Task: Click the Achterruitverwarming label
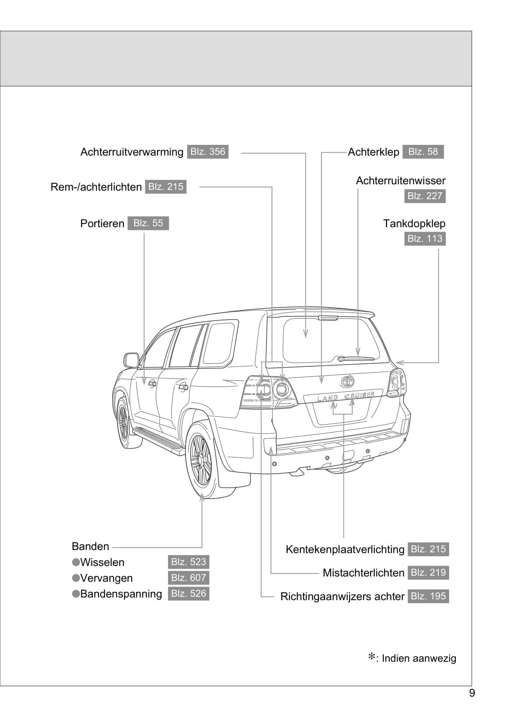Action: [132, 152]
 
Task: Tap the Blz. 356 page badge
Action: [208, 152]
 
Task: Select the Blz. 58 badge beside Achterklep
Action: [423, 152]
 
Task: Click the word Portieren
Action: [102, 224]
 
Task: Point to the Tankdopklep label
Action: [414, 224]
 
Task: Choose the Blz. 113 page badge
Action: [425, 239]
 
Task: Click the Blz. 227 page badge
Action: [425, 196]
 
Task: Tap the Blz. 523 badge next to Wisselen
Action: [189, 562]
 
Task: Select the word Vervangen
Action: [106, 578]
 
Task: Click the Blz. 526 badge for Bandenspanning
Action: [189, 594]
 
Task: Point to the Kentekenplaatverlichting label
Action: [345, 549]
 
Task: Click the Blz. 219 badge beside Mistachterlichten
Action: [428, 573]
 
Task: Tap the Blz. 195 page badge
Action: [428, 596]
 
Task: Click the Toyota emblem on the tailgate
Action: [348, 381]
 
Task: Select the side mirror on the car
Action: [131, 360]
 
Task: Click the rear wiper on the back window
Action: [356, 359]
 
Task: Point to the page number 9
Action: [472, 693]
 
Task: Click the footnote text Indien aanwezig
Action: [419, 658]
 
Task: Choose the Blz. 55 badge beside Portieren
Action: [148, 223]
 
